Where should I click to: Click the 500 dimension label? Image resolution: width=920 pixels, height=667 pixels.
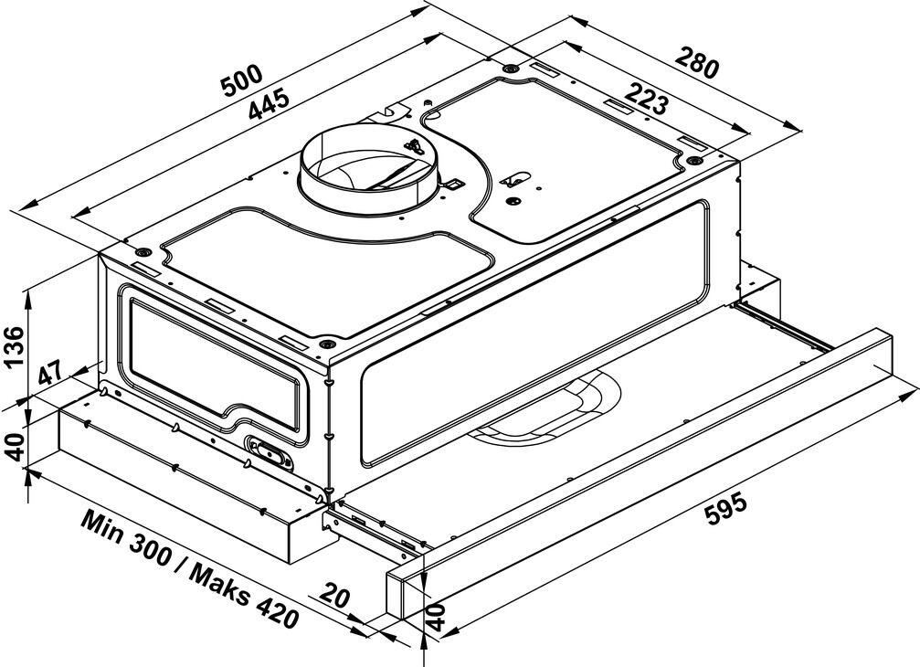click(x=242, y=81)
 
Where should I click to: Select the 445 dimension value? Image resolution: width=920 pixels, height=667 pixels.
click(x=268, y=104)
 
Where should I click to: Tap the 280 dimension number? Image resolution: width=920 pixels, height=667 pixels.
click(x=697, y=63)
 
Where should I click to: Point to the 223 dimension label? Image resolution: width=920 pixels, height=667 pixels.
click(x=647, y=99)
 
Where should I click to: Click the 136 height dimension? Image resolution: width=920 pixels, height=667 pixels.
click(x=14, y=346)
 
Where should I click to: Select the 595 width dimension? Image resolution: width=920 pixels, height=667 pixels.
click(x=725, y=512)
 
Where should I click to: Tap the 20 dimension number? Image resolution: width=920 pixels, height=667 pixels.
click(x=335, y=597)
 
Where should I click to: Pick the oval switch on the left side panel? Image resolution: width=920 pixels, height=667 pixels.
click(x=270, y=452)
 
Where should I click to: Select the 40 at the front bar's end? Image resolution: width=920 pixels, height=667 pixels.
click(x=436, y=615)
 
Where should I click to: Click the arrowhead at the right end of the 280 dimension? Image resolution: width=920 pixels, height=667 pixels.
click(x=795, y=127)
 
